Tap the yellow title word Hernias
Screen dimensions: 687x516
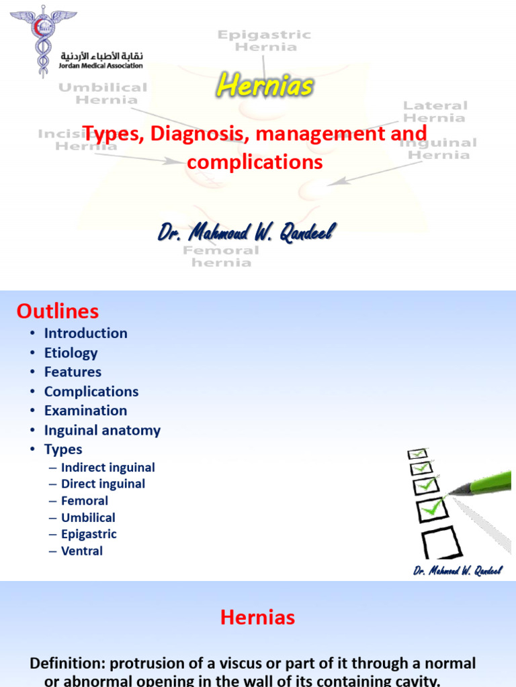(x=264, y=85)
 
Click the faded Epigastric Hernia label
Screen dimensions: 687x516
(x=264, y=40)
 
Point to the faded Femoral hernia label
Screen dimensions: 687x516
(x=220, y=256)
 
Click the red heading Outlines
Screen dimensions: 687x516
(x=58, y=311)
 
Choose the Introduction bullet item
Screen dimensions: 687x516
(x=85, y=333)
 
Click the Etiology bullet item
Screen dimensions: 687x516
(x=71, y=353)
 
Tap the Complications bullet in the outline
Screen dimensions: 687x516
(x=91, y=392)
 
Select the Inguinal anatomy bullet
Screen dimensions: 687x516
(x=102, y=431)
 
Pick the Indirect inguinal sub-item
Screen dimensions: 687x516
(x=107, y=468)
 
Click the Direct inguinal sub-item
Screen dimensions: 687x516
(x=103, y=484)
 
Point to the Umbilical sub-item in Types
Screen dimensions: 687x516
(x=88, y=517)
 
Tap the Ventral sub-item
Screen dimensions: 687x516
(x=82, y=551)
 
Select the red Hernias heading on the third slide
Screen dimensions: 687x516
(x=257, y=617)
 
